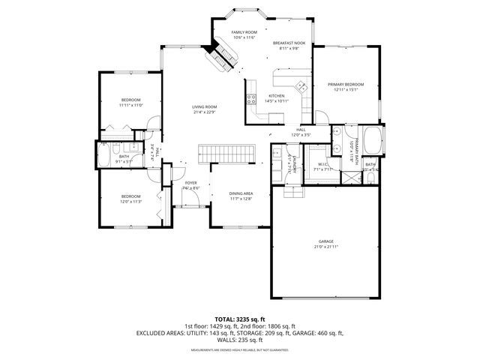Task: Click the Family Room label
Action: pos(244,33)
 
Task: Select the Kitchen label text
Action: pos(277,96)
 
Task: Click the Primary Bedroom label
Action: pos(346,84)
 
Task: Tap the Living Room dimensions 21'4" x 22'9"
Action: pos(205,112)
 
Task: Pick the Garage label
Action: pos(325,241)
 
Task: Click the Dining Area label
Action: pos(241,193)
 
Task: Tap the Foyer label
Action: pos(191,182)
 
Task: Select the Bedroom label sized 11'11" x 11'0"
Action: pos(130,100)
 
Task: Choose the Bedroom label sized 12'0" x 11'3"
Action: pos(130,196)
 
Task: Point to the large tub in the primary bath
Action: pos(373,142)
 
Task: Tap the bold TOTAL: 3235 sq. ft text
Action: pos(239,319)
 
